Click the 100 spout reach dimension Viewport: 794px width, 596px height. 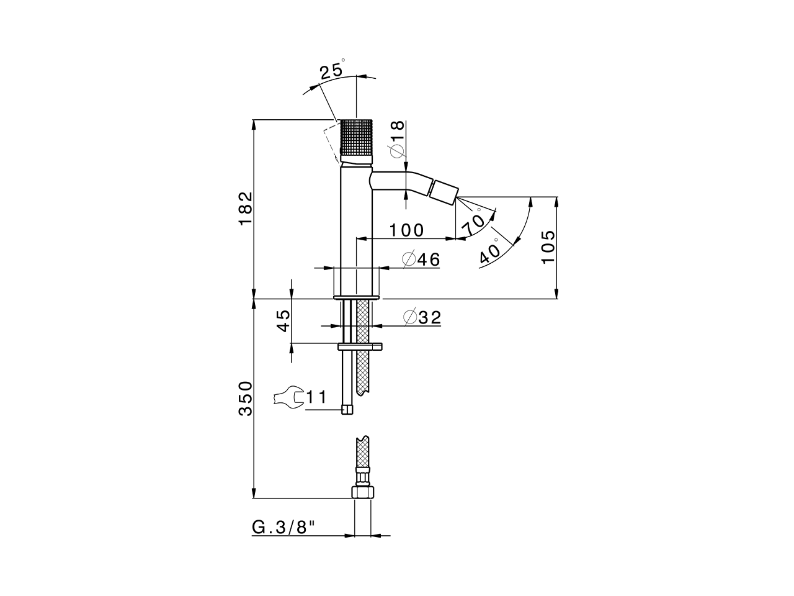tap(406, 230)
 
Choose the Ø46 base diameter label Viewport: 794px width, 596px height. tap(421, 260)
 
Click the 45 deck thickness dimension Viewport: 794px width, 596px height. tap(283, 322)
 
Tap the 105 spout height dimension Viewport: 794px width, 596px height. tap(547, 246)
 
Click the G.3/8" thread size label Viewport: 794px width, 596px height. tap(284, 527)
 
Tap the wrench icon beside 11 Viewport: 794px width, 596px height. tap(286, 397)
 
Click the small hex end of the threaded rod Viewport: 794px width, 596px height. tap(347, 409)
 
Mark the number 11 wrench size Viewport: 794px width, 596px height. tap(316, 397)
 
